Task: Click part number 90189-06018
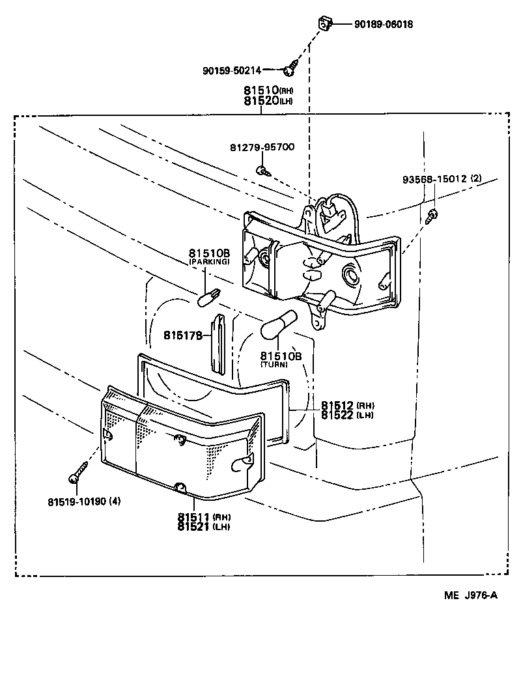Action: (x=384, y=25)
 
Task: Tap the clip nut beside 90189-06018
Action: (x=324, y=25)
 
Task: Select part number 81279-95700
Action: (x=262, y=147)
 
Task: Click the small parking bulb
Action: (x=208, y=300)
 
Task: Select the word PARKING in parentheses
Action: (x=209, y=261)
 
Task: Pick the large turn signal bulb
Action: (x=278, y=325)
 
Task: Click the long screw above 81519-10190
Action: (x=78, y=472)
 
